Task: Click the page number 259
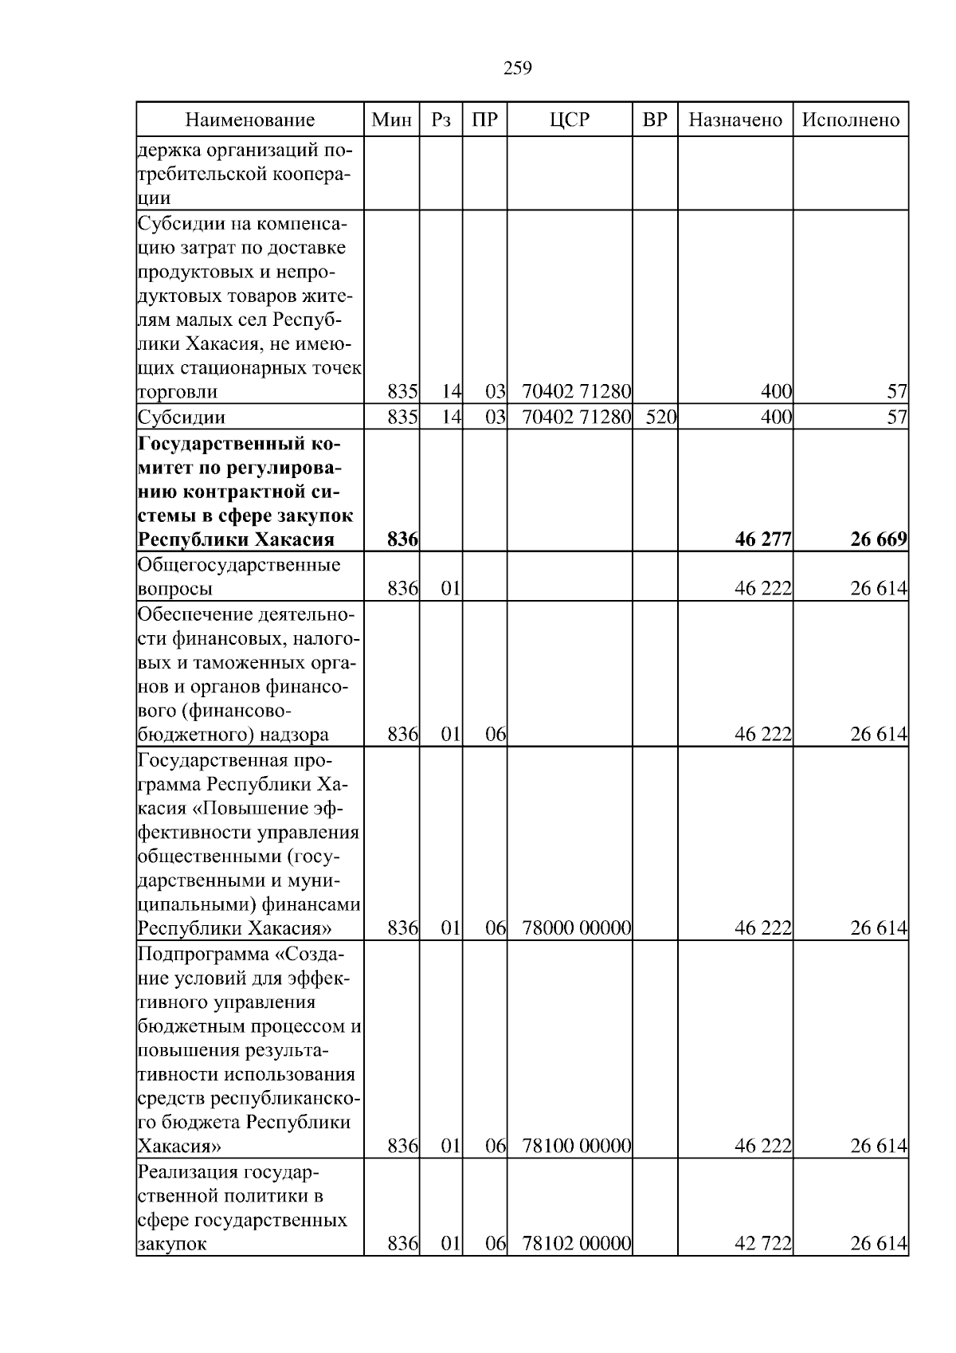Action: coord(517,69)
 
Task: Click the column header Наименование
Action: coord(250,120)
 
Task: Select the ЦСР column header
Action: coord(570,120)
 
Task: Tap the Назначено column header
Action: coord(735,120)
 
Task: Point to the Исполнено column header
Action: coord(850,120)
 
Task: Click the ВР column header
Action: coord(655,120)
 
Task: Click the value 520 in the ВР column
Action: coord(660,417)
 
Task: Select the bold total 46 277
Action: coord(762,539)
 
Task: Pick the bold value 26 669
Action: coord(878,539)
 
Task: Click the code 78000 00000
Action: coord(576,928)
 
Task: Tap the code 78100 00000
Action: coord(576,1147)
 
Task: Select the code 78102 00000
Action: coord(576,1244)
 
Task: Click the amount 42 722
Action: coord(762,1244)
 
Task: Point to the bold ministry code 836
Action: coord(402,539)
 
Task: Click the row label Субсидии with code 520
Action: coord(182,417)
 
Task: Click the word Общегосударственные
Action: coord(239,565)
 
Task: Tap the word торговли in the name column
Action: coord(177,392)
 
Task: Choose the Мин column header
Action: coord(392,120)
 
